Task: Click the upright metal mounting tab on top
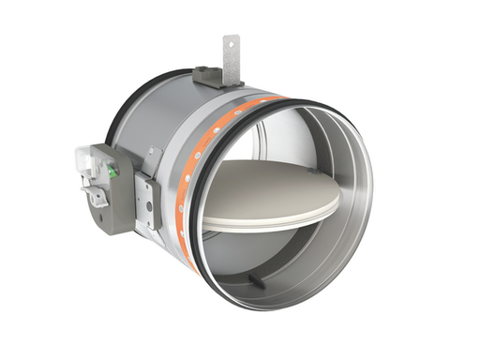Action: click(x=230, y=51)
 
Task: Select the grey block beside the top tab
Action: click(x=208, y=74)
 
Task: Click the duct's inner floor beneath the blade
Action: click(x=281, y=258)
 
